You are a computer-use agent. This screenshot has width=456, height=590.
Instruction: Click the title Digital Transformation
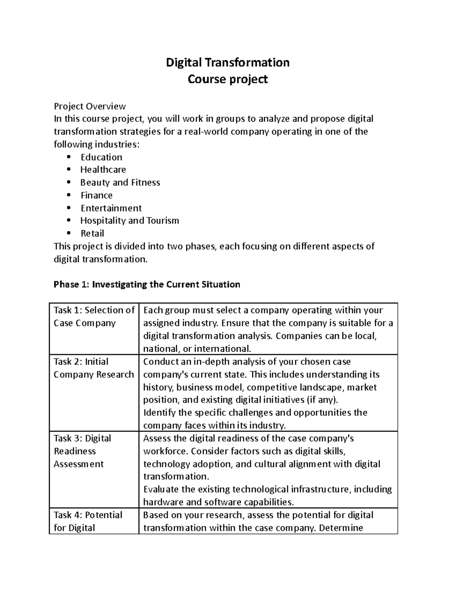(228, 62)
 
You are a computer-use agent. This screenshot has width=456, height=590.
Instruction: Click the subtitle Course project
(228, 79)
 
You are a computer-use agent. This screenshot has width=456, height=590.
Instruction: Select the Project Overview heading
(90, 106)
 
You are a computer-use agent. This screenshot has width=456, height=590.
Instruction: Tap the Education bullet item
(101, 157)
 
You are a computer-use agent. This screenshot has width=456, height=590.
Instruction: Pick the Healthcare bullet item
(103, 170)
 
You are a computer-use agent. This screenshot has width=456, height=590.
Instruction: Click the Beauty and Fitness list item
(120, 183)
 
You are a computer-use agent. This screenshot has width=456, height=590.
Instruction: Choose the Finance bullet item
(97, 195)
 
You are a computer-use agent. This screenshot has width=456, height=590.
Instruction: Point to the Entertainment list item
(111, 208)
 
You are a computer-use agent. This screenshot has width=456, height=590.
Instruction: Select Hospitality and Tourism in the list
(130, 221)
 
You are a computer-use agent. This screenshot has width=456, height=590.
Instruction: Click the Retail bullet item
(92, 233)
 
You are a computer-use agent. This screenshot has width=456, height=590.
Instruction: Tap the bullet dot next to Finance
(68, 195)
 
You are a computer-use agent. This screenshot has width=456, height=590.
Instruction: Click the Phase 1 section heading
(147, 285)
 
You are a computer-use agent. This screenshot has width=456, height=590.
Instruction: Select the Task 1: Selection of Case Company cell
(94, 317)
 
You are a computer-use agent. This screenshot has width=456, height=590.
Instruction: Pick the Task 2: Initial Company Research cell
(94, 368)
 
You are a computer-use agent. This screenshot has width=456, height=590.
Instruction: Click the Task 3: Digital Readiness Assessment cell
(82, 451)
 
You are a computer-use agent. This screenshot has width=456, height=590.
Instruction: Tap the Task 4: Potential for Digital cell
(88, 521)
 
